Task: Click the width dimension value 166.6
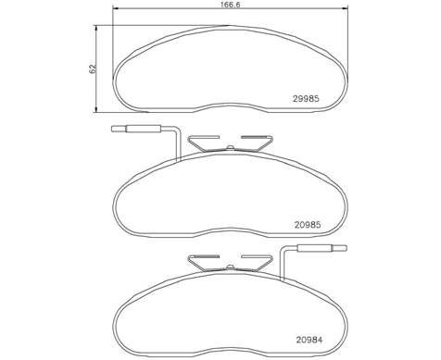[x=230, y=5]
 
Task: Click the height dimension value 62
[x=93, y=69]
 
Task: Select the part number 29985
[x=306, y=99]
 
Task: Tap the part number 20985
[x=308, y=225]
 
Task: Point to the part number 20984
[x=309, y=340]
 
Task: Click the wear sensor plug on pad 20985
[x=136, y=129]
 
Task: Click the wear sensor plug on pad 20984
[x=321, y=248]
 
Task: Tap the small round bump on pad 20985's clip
[x=230, y=147]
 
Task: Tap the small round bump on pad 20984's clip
[x=230, y=267]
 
